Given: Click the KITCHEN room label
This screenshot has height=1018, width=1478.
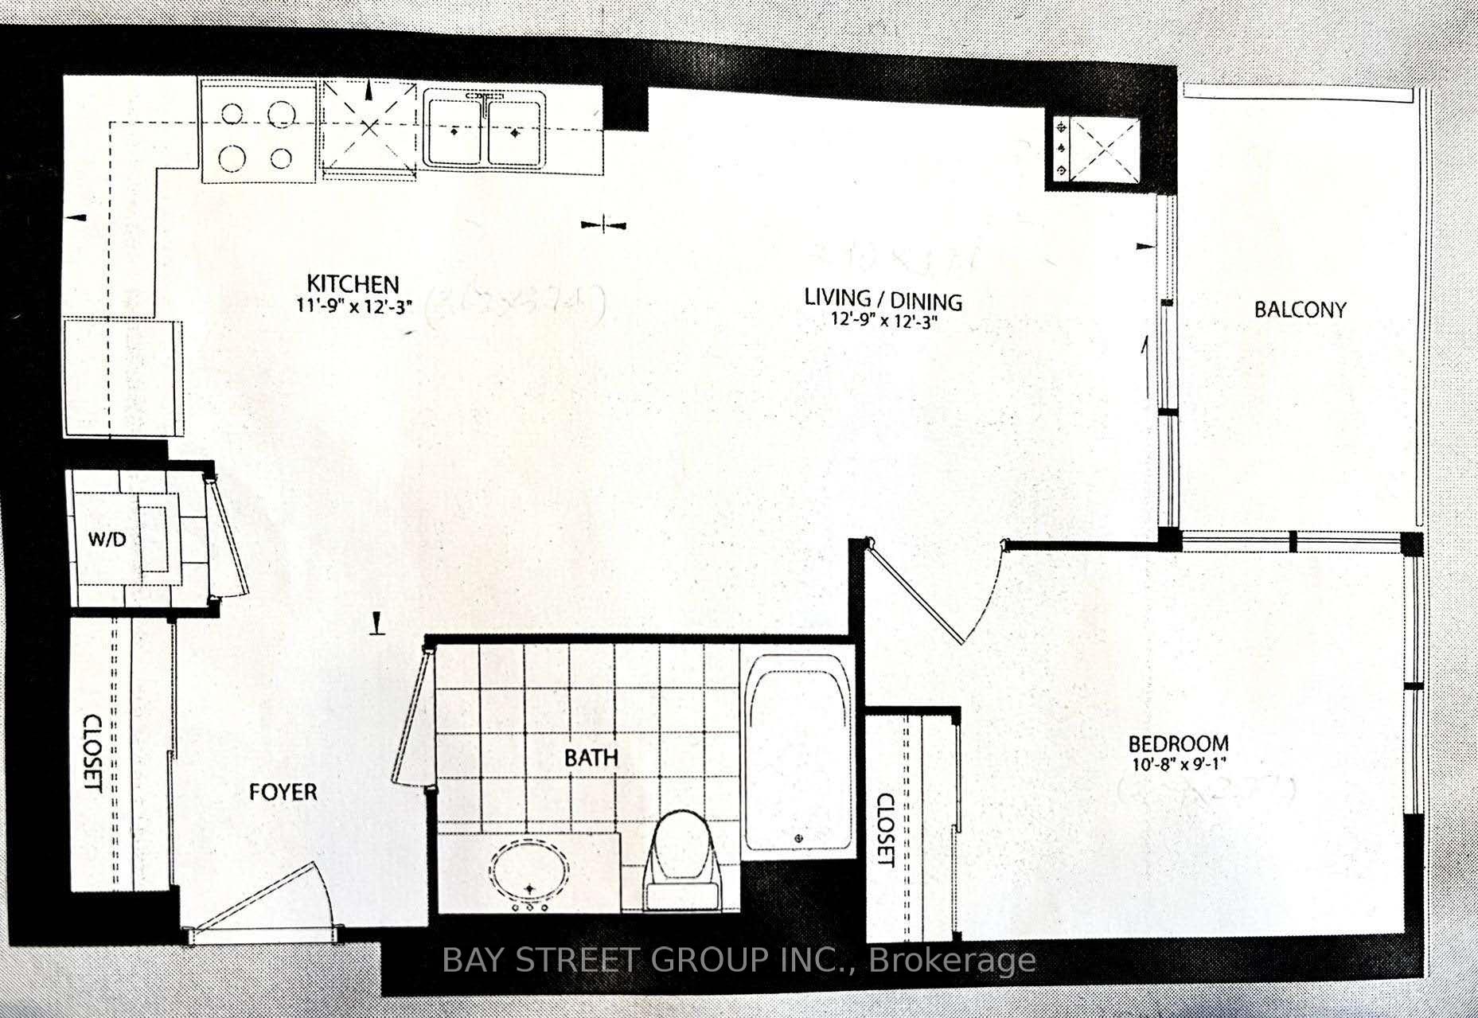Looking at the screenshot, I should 353,283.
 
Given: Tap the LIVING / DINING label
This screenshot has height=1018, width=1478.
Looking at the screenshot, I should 883,299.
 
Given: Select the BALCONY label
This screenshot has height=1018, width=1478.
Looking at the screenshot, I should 1300,310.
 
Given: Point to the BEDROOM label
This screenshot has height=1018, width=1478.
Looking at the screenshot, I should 1179,744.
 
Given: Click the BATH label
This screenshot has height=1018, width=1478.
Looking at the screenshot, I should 591,757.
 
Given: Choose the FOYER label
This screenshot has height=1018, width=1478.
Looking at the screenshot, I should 283,792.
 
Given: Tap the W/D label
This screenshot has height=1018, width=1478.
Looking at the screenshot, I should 107,540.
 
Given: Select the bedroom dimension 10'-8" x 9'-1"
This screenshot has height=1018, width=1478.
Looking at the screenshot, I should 1179,766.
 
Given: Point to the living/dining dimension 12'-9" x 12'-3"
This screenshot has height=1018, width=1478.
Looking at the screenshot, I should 883,322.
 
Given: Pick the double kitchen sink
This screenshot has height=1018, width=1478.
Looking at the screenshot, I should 483,131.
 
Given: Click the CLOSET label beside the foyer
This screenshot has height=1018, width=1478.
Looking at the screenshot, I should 93,753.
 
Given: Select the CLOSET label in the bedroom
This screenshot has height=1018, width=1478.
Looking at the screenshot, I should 886,830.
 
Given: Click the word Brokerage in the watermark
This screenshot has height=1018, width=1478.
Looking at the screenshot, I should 953,961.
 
